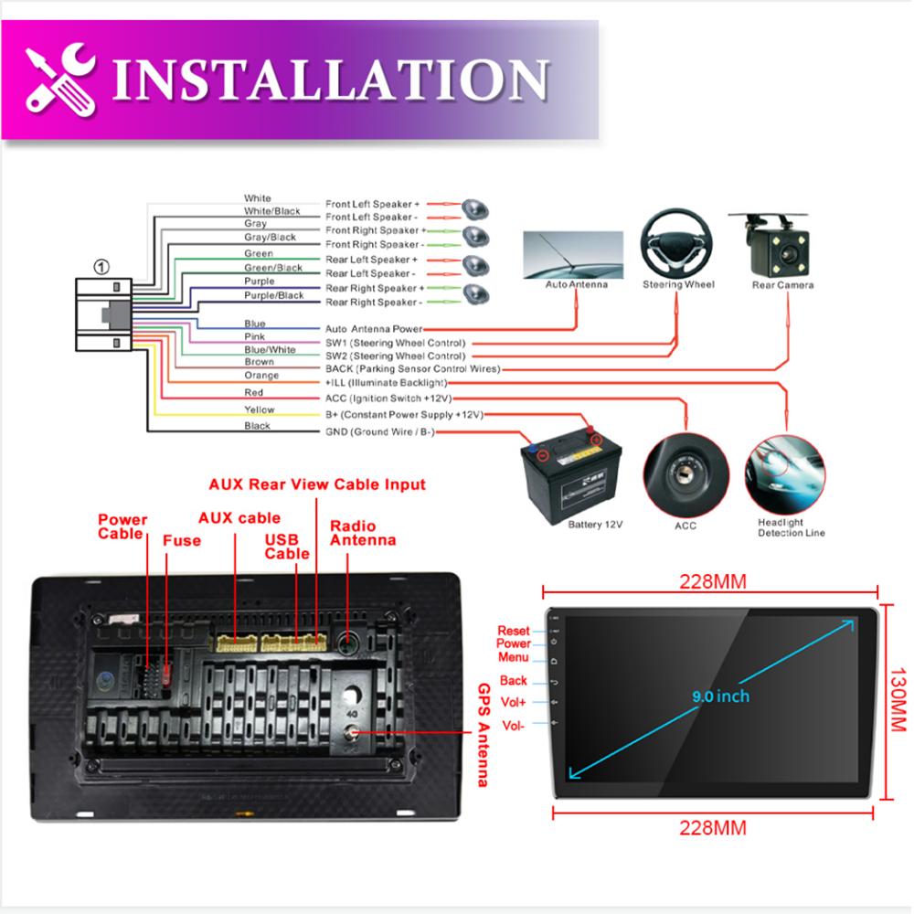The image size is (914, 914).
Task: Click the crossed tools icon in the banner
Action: (61, 79)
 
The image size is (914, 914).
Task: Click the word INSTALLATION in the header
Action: (329, 79)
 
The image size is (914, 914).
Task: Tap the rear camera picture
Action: (770, 243)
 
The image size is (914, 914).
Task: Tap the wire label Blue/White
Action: (270, 349)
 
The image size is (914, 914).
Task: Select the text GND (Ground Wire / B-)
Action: (379, 430)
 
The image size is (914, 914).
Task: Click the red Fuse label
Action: (181, 540)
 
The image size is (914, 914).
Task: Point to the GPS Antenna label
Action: (482, 735)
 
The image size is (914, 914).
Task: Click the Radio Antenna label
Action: (362, 533)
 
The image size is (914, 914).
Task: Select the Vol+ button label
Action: (513, 703)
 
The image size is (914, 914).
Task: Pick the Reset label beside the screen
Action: (514, 631)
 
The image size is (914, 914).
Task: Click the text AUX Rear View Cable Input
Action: (316, 484)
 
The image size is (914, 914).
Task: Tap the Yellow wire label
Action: (259, 409)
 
